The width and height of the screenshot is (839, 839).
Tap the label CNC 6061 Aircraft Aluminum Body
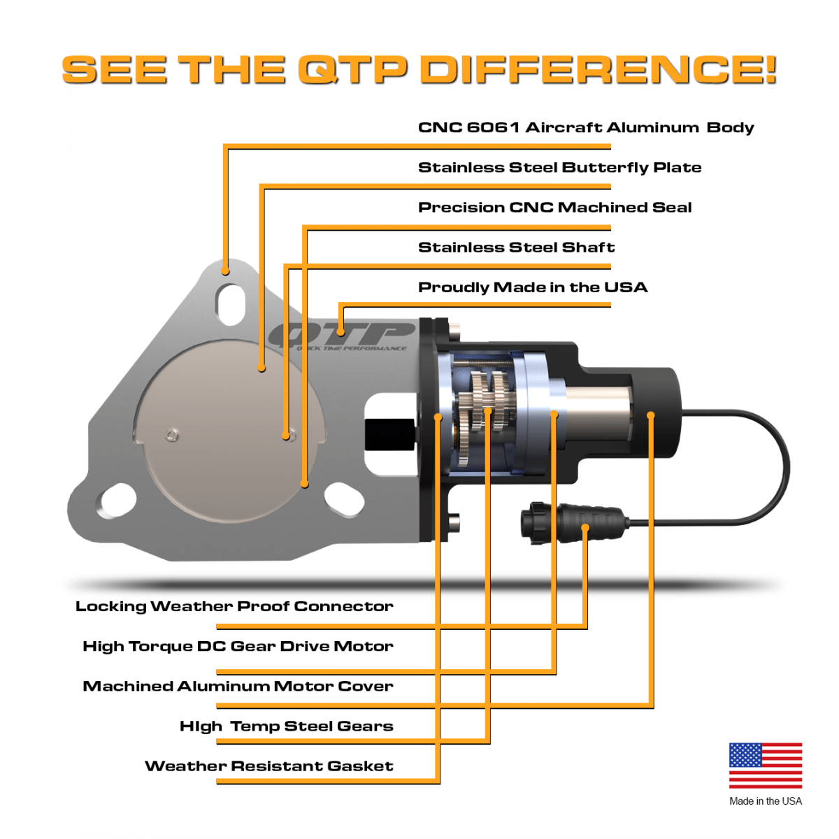coord(586,127)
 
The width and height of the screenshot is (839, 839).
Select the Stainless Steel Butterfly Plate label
coord(559,167)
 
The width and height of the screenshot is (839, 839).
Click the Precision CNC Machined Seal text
coord(554,207)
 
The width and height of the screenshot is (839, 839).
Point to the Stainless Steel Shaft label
coord(516,247)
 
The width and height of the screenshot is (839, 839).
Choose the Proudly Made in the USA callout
coord(532,287)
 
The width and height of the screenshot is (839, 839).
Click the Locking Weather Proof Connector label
coord(234,606)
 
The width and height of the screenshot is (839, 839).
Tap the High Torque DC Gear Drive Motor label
coord(238,646)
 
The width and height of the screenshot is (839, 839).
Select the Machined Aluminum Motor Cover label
coord(238,686)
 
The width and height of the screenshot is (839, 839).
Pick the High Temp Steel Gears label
coord(286,726)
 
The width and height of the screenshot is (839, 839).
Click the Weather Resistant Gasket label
coord(268,766)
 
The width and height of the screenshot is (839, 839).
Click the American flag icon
coord(766,765)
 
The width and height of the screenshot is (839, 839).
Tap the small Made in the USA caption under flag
coord(766,801)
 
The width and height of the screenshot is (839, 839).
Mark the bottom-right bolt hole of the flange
coord(344,500)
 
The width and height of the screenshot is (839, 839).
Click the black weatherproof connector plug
coord(570,522)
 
